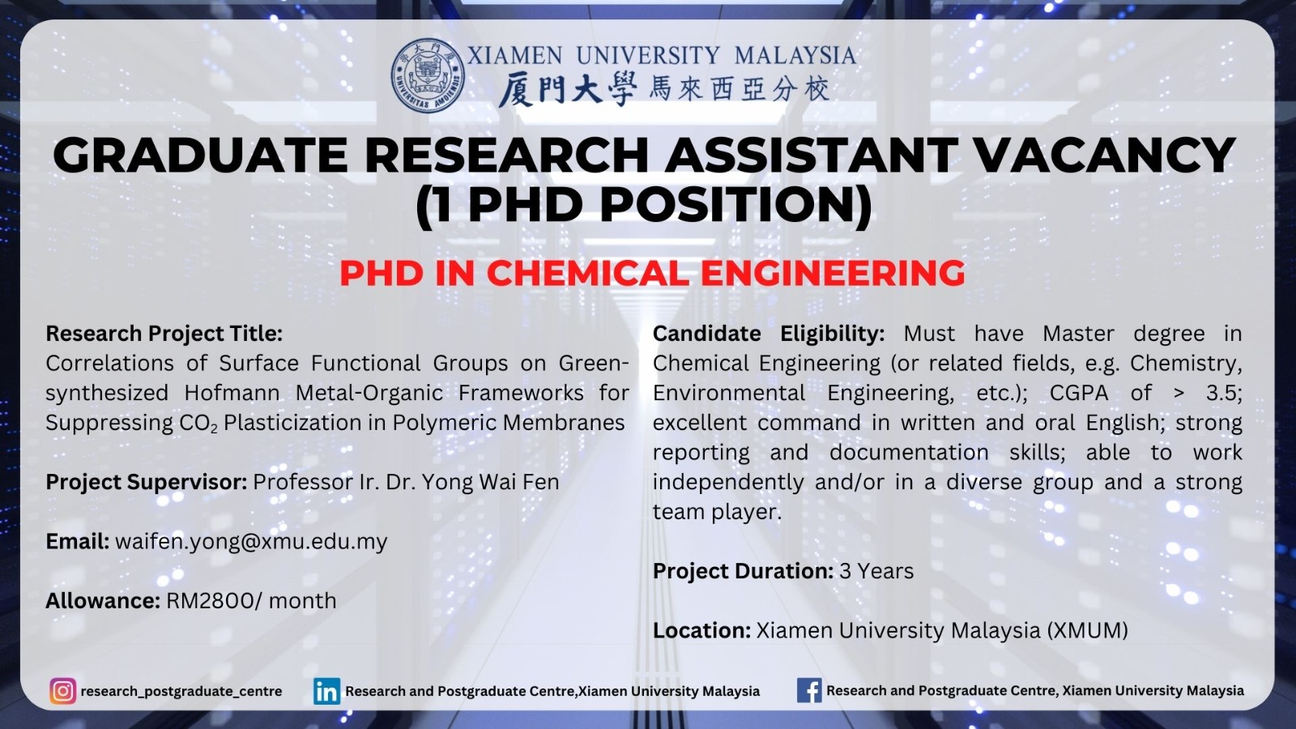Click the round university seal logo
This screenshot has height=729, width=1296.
click(428, 75)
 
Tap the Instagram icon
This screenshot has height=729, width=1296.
click(63, 691)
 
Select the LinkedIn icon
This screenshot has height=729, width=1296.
click(327, 691)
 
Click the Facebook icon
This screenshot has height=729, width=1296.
click(809, 690)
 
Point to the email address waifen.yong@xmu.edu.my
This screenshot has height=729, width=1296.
click(251, 542)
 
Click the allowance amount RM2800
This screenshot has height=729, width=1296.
click(210, 600)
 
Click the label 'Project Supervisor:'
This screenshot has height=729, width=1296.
click(147, 482)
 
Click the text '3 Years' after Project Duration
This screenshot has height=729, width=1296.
click(876, 571)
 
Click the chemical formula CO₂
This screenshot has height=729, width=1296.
click(198, 424)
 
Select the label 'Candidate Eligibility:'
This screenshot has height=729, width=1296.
click(769, 334)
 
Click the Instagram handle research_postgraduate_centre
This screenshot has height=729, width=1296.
click(181, 692)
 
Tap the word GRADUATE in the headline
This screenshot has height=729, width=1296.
click(200, 155)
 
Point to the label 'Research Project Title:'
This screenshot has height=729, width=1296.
click(164, 334)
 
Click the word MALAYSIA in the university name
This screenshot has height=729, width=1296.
click(795, 56)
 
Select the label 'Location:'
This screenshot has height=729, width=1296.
click(701, 631)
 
